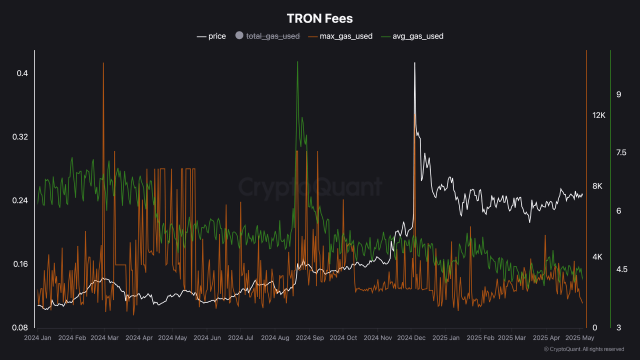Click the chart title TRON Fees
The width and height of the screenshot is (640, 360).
(x=320, y=18)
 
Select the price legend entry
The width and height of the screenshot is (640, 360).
(x=211, y=36)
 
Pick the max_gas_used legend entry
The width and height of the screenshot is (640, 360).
(x=340, y=36)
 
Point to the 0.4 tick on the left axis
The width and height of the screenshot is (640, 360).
(x=22, y=73)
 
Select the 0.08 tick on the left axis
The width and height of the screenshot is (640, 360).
(x=20, y=328)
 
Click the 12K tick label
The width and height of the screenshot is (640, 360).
(x=598, y=115)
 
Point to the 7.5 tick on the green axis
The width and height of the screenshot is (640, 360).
(x=621, y=152)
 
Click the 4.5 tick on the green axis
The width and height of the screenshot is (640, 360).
(x=621, y=269)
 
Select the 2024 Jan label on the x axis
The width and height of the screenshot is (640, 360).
(x=37, y=338)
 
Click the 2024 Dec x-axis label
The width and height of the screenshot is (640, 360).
(x=411, y=338)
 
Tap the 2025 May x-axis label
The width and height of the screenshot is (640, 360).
(x=580, y=338)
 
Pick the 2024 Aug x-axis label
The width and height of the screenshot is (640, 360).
(x=275, y=338)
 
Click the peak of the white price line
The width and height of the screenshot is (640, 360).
(x=414, y=63)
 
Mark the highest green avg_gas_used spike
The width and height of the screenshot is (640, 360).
(x=297, y=62)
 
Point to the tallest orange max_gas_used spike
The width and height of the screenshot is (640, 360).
(x=103, y=63)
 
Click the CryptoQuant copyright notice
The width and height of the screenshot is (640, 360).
(x=583, y=349)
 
